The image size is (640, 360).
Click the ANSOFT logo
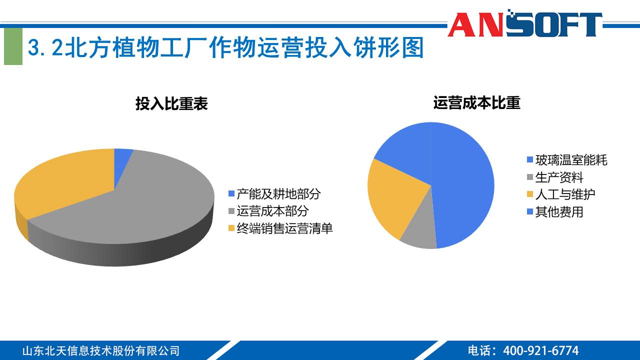524,24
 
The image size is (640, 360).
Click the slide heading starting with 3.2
225,48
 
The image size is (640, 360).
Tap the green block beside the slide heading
13,46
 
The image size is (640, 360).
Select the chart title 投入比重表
171,103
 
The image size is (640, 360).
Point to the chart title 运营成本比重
476,102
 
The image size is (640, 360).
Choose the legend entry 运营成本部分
272,211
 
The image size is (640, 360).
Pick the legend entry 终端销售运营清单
284,228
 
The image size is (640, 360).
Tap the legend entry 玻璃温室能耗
571,160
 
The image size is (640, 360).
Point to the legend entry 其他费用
559,212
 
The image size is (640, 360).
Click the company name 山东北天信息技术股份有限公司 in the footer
100,350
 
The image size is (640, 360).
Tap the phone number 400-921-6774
540,350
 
